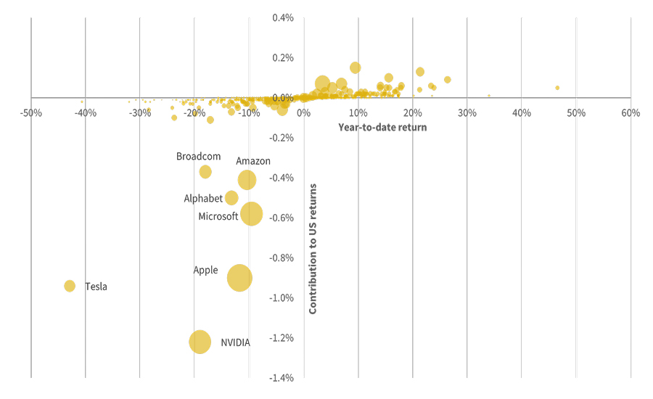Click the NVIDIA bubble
pos(200,342)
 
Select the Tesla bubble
pos(70,286)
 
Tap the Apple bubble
pos(239,278)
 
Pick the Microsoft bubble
pos(252,214)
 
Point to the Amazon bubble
pos(247,180)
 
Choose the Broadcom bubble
pos(205,172)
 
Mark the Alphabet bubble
pos(231,198)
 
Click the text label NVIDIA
pos(235,342)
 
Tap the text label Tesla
pos(96,287)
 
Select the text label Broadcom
pos(198,156)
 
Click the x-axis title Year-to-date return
pos(382,128)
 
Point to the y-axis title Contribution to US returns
pos(313,249)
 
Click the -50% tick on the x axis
pos(30,113)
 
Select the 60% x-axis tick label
pos(631,113)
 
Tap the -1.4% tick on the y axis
pos(282,378)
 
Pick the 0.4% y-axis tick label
pos(283,18)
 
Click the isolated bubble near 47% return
pos(557,88)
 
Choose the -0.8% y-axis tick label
pos(282,258)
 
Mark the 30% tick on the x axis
pos(467,113)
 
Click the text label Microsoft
pos(218,216)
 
